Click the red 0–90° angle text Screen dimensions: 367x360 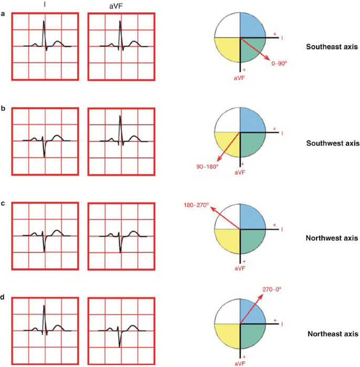click(x=281, y=63)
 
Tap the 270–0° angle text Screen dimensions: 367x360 click(x=273, y=290)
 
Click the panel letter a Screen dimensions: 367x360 click(x=4, y=14)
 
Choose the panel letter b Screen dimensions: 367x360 click(x=4, y=109)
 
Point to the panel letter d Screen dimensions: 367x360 click(x=4, y=298)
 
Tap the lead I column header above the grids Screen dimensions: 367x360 click(x=45, y=4)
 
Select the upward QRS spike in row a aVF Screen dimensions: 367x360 click(x=120, y=26)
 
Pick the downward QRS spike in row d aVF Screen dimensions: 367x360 click(x=120, y=343)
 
